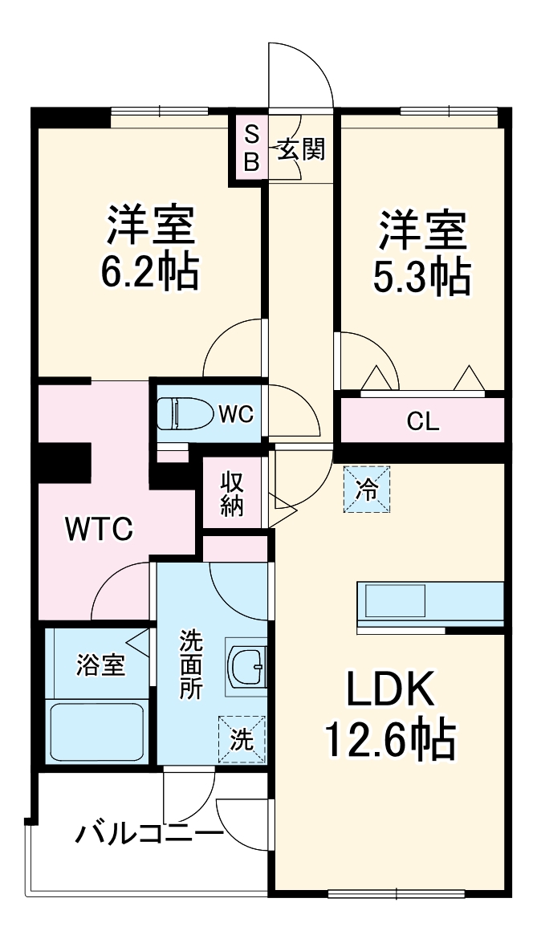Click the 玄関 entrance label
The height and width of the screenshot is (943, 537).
[x=301, y=149]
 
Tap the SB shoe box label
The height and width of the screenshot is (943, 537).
[x=252, y=148]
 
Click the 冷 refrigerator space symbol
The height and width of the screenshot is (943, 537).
[x=367, y=490]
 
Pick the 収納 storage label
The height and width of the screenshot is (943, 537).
[x=231, y=494]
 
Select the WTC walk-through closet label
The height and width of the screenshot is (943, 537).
[x=99, y=529]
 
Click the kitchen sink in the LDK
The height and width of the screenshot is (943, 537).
[x=395, y=601]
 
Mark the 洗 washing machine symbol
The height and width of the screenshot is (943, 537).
[x=241, y=738]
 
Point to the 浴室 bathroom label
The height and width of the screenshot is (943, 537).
[x=100, y=666]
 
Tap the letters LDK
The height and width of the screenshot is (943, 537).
[x=390, y=689]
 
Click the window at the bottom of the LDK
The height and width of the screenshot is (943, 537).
[x=397, y=892]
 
